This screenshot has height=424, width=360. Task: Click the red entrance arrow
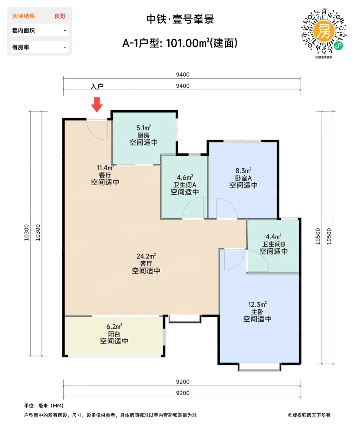coord(97,104)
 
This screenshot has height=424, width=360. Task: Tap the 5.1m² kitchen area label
coord(144,128)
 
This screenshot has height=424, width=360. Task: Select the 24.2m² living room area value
coord(146,256)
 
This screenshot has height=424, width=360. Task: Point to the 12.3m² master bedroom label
coord(257,304)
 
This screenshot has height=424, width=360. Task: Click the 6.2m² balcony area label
coord(114,326)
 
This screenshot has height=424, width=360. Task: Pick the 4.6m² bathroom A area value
coord(185,177)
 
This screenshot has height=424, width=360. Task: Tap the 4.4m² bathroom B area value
coord(274,237)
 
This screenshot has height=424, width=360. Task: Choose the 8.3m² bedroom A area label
coord(243,171)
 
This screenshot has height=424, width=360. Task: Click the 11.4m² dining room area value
coord(105,168)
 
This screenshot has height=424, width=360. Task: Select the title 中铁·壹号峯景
coord(180,19)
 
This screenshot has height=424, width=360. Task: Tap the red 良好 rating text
coord(60,16)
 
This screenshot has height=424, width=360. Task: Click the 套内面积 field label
coord(23,31)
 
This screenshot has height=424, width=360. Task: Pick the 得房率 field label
coord(21,47)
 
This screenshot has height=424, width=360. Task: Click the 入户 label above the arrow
coord(97,87)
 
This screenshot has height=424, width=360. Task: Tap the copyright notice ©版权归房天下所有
coord(309,415)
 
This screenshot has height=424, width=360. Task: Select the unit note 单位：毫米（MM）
coord(44,406)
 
